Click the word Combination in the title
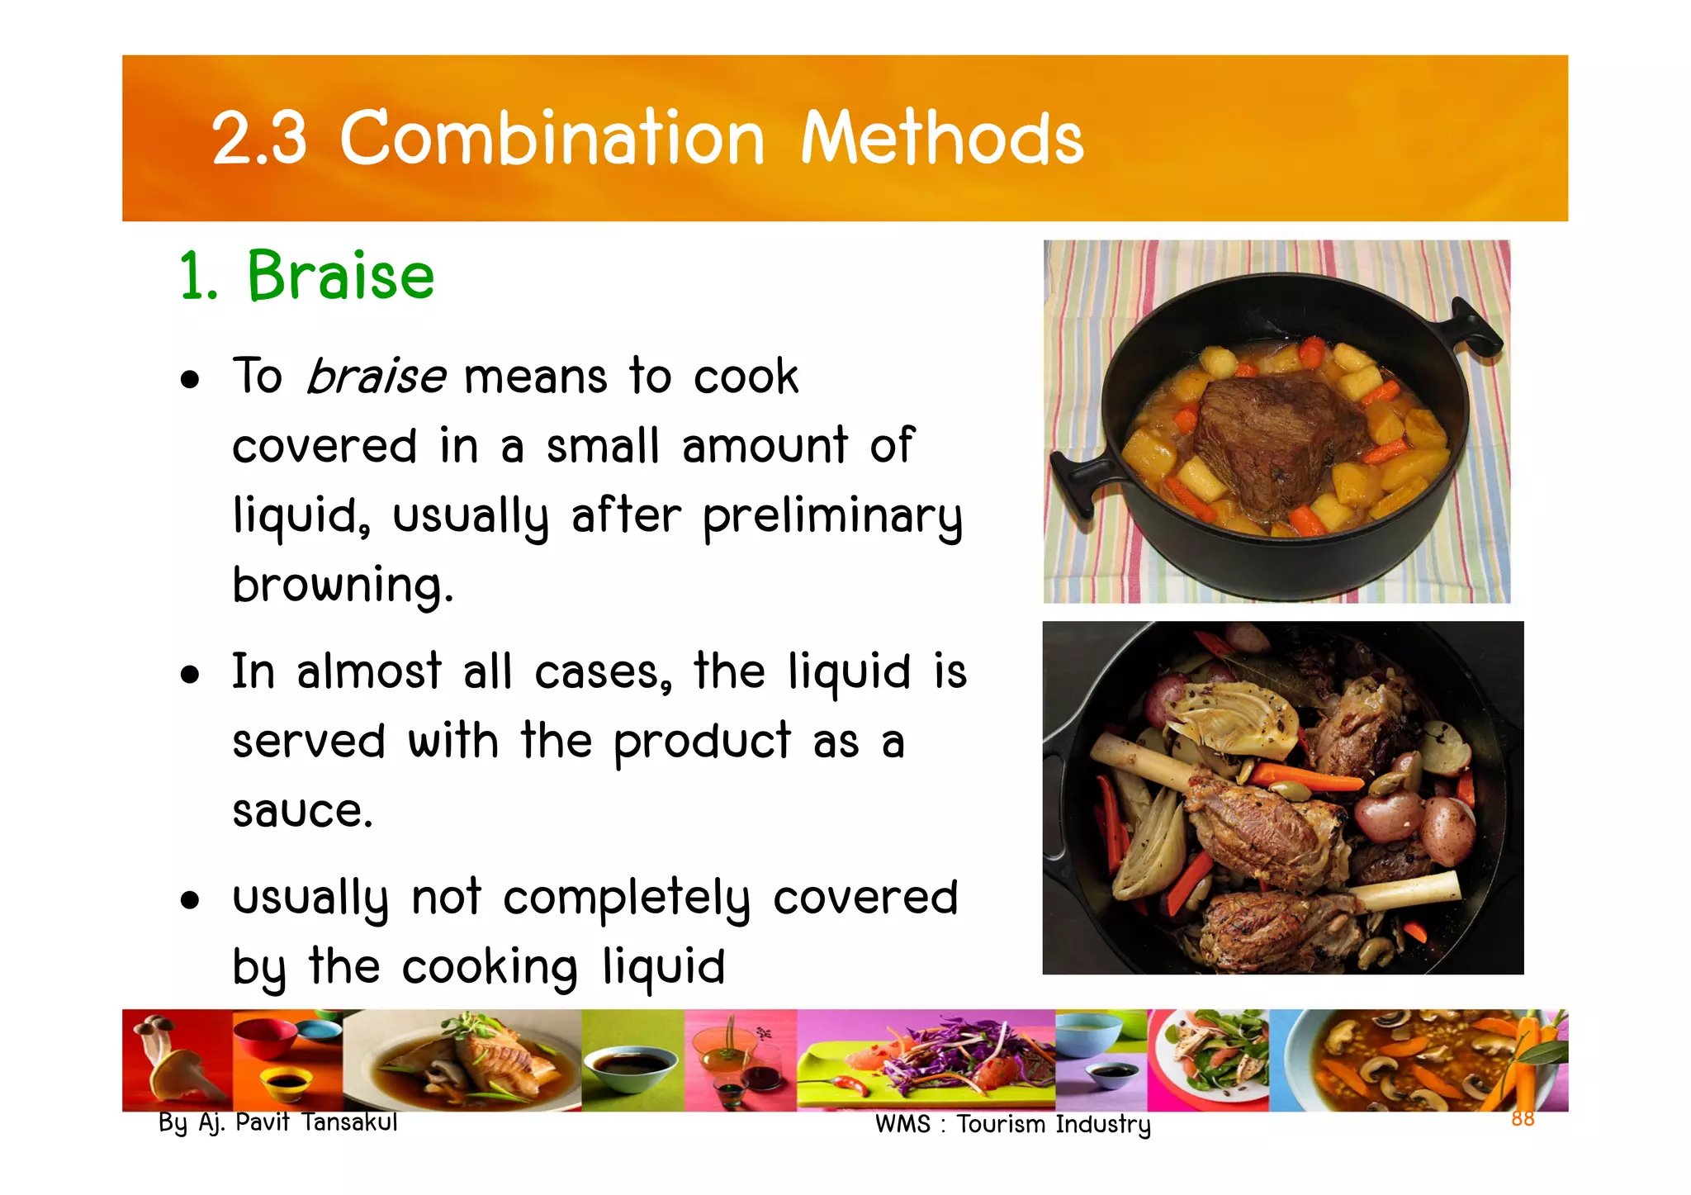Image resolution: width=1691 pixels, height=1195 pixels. [552, 138]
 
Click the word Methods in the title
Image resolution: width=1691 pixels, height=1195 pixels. [942, 138]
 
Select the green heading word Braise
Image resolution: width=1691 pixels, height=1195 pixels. [340, 276]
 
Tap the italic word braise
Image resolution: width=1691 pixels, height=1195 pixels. [376, 377]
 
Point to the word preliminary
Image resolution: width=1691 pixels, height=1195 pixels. [832, 517]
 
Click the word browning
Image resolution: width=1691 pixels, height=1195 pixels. [342, 586]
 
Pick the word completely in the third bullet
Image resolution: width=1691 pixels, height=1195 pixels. [627, 899]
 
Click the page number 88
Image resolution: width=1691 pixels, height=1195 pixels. [1523, 1118]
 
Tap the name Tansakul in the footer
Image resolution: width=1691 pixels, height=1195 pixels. [349, 1122]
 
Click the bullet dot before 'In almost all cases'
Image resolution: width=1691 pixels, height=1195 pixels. [191, 675]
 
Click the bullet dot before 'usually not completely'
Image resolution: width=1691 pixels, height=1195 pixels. [191, 900]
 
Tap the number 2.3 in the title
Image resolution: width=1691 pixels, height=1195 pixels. [259, 138]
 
